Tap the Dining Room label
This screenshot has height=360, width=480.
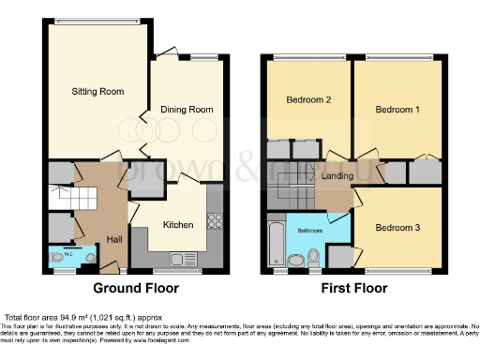188,110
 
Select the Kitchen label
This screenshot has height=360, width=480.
178,225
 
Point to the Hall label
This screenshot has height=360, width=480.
113,239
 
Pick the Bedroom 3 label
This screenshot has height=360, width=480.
397,228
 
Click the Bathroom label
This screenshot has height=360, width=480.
309,230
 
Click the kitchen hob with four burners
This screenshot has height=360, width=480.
214,222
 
